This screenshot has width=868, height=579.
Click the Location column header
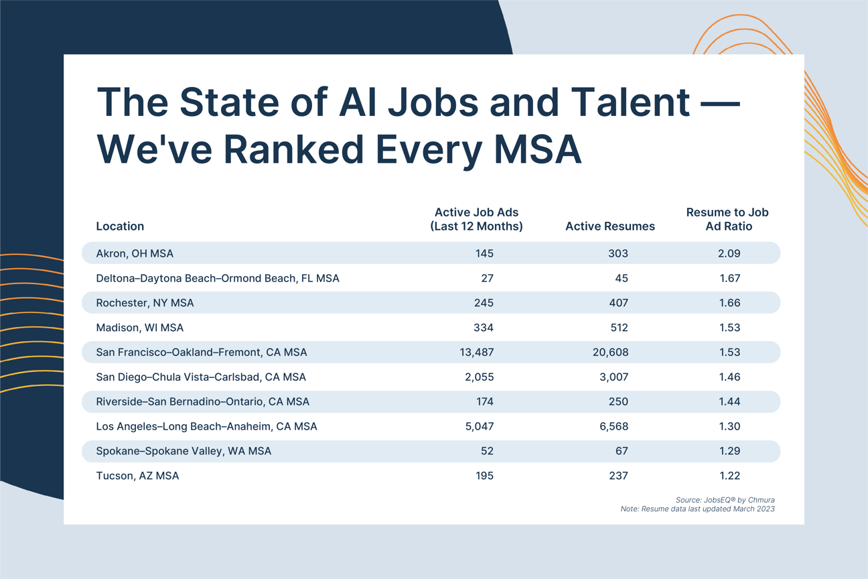pyautogui.click(x=120, y=227)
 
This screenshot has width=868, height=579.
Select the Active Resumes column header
pyautogui.click(x=609, y=227)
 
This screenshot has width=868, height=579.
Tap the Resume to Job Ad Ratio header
pyautogui.click(x=727, y=219)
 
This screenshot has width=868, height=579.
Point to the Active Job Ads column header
pyautogui.click(x=476, y=219)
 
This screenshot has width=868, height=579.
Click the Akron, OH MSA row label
pyautogui.click(x=135, y=253)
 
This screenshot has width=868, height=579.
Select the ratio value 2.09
pyautogui.click(x=729, y=253)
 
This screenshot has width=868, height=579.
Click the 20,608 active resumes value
pyautogui.click(x=610, y=352)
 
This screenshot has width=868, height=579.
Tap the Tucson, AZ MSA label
pyautogui.click(x=137, y=476)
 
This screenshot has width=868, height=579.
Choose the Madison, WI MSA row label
pyautogui.click(x=139, y=328)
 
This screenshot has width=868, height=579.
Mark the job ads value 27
pyautogui.click(x=487, y=278)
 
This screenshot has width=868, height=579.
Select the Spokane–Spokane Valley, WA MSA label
pyautogui.click(x=184, y=451)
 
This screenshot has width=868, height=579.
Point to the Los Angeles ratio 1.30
pyautogui.click(x=729, y=426)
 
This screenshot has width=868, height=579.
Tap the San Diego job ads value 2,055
pyautogui.click(x=479, y=377)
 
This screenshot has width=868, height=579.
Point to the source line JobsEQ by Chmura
pyautogui.click(x=725, y=500)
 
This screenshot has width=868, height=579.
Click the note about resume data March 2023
pyautogui.click(x=697, y=509)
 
